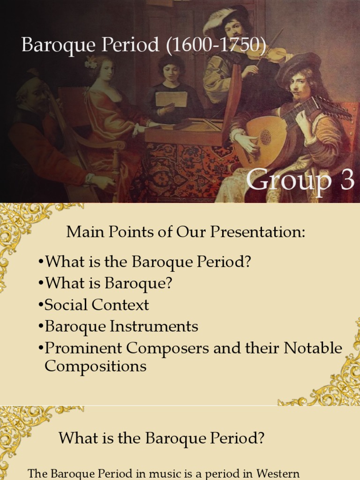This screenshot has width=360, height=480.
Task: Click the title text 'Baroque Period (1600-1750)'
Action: [144, 45]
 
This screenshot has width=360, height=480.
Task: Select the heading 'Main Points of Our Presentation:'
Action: [186, 232]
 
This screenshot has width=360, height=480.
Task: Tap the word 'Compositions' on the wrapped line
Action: [96, 366]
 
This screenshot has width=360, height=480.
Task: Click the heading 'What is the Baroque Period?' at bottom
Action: [162, 438]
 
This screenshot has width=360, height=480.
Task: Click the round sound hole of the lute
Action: [266, 137]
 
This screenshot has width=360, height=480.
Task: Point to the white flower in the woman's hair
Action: [90, 62]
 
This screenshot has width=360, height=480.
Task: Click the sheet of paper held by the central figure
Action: [171, 99]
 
